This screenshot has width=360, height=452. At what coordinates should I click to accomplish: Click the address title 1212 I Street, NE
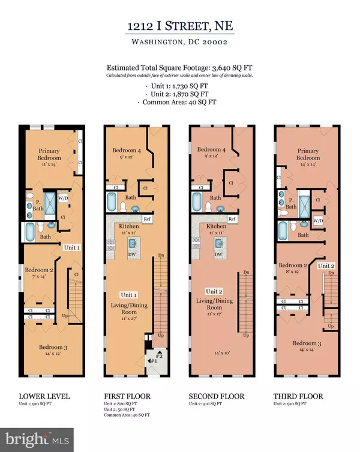(179, 27)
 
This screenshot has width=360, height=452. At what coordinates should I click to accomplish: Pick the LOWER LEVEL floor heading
(45, 396)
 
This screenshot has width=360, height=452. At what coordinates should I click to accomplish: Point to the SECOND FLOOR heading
(214, 396)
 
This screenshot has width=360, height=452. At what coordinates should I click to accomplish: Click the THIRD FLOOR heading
(298, 396)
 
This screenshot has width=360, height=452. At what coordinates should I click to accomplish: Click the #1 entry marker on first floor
(154, 361)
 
